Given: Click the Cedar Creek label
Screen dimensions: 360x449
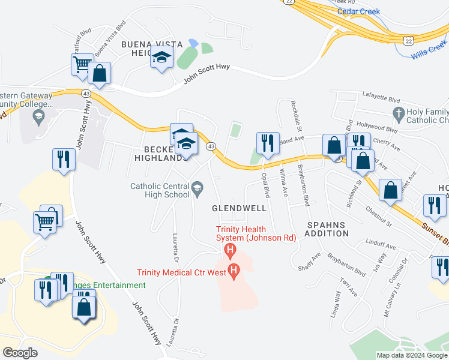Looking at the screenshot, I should coord(359,11).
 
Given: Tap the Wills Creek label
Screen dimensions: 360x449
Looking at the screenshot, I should coord(429,50).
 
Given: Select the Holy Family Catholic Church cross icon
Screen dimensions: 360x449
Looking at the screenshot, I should coord(397,113).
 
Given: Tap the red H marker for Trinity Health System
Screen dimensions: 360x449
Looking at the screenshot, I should coord(228,249).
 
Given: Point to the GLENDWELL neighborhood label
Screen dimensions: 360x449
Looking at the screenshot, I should coord(239,208).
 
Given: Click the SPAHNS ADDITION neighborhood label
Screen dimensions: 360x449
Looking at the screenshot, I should coord(328,229).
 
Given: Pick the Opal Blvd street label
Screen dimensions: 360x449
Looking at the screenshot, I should coord(265,185).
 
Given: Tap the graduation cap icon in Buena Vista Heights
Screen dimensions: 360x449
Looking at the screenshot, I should coord(161,57).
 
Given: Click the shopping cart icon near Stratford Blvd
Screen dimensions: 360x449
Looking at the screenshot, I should coord(81,63).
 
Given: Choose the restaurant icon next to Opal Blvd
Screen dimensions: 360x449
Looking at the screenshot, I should coord(266,142).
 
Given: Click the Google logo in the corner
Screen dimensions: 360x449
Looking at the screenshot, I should coord(20,352).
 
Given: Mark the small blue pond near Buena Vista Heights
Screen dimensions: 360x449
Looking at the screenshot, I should coord(193,43).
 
